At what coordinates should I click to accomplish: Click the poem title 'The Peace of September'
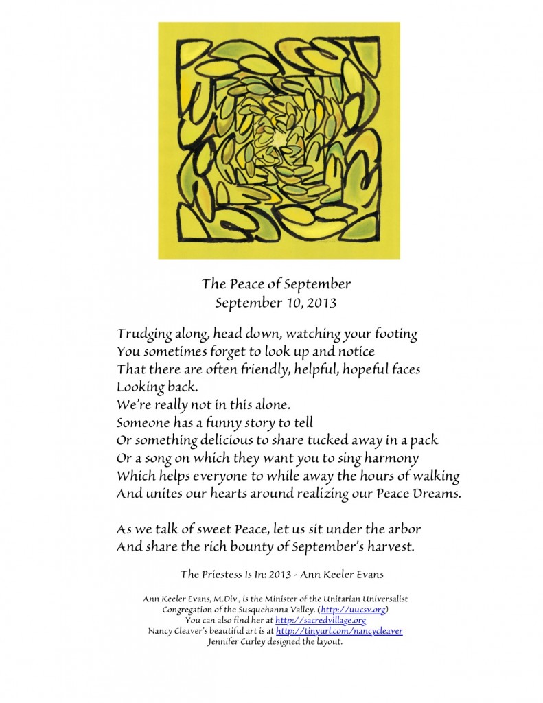point(277,284)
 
